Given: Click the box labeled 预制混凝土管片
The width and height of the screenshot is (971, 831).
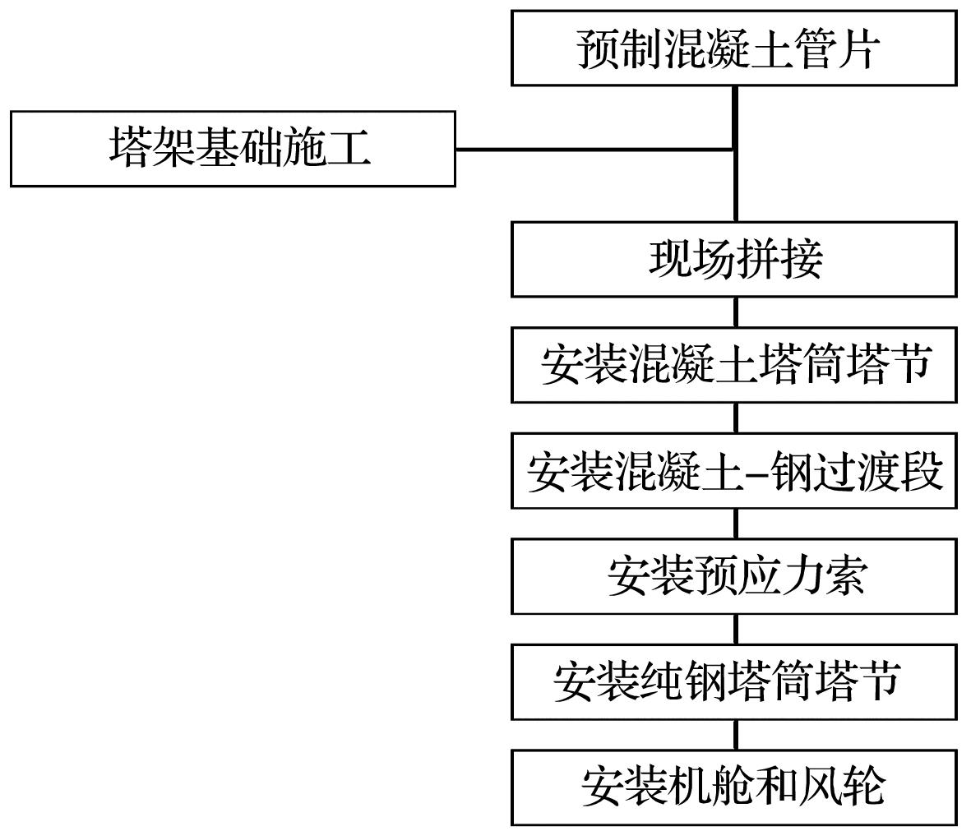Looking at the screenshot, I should click(x=733, y=48).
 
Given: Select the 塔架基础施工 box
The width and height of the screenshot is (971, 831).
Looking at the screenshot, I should click(x=233, y=149).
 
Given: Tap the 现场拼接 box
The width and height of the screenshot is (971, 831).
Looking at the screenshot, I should click(x=733, y=259).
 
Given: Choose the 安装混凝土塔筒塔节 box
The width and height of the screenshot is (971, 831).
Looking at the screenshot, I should click(x=733, y=364).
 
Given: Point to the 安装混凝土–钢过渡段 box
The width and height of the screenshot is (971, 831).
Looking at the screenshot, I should click(x=733, y=471).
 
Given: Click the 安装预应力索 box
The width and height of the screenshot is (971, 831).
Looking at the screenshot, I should click(x=733, y=576).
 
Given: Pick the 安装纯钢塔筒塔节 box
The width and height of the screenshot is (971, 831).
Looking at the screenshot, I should click(x=733, y=681).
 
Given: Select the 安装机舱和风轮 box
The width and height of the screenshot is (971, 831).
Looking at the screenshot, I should click(x=733, y=787).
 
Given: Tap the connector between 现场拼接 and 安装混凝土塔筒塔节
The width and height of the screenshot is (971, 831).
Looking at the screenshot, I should click(x=735, y=312).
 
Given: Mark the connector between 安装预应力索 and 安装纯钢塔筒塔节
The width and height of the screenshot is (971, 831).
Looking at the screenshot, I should click(x=735, y=629).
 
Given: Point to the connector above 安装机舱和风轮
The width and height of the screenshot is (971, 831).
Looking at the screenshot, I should click(x=735, y=734).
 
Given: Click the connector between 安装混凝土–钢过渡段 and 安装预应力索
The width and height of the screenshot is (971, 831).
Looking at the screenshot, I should click(x=735, y=524).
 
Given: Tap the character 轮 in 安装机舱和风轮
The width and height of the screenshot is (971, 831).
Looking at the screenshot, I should click(x=864, y=787).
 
